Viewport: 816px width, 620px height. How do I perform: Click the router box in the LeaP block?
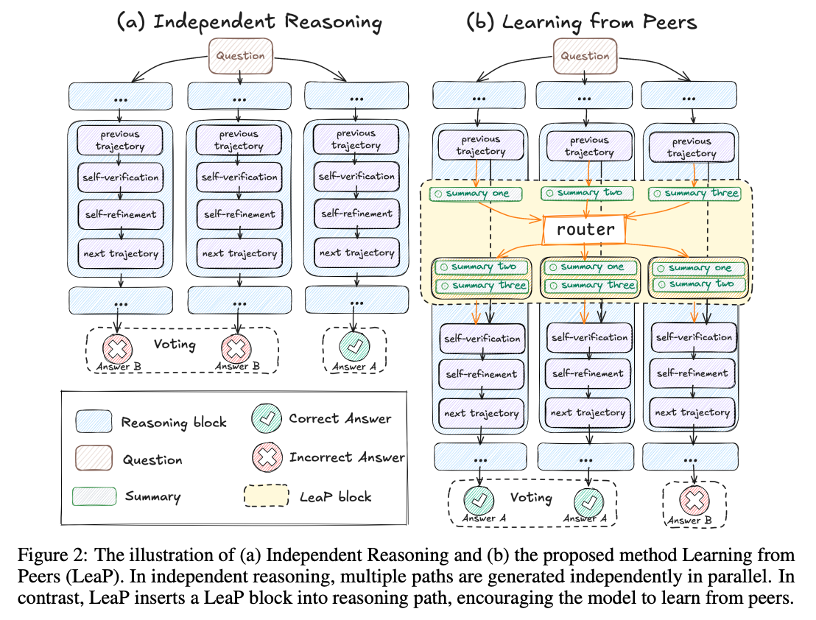(585, 230)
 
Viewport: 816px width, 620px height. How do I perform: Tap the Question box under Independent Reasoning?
(240, 55)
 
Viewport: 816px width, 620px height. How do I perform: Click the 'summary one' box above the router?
(475, 194)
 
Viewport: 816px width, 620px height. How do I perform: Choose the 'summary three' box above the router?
(694, 194)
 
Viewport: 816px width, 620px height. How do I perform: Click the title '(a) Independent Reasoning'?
(249, 21)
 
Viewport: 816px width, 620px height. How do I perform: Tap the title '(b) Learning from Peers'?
(582, 21)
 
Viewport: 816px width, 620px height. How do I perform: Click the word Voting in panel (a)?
(175, 344)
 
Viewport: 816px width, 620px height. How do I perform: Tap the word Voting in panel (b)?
(531, 498)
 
